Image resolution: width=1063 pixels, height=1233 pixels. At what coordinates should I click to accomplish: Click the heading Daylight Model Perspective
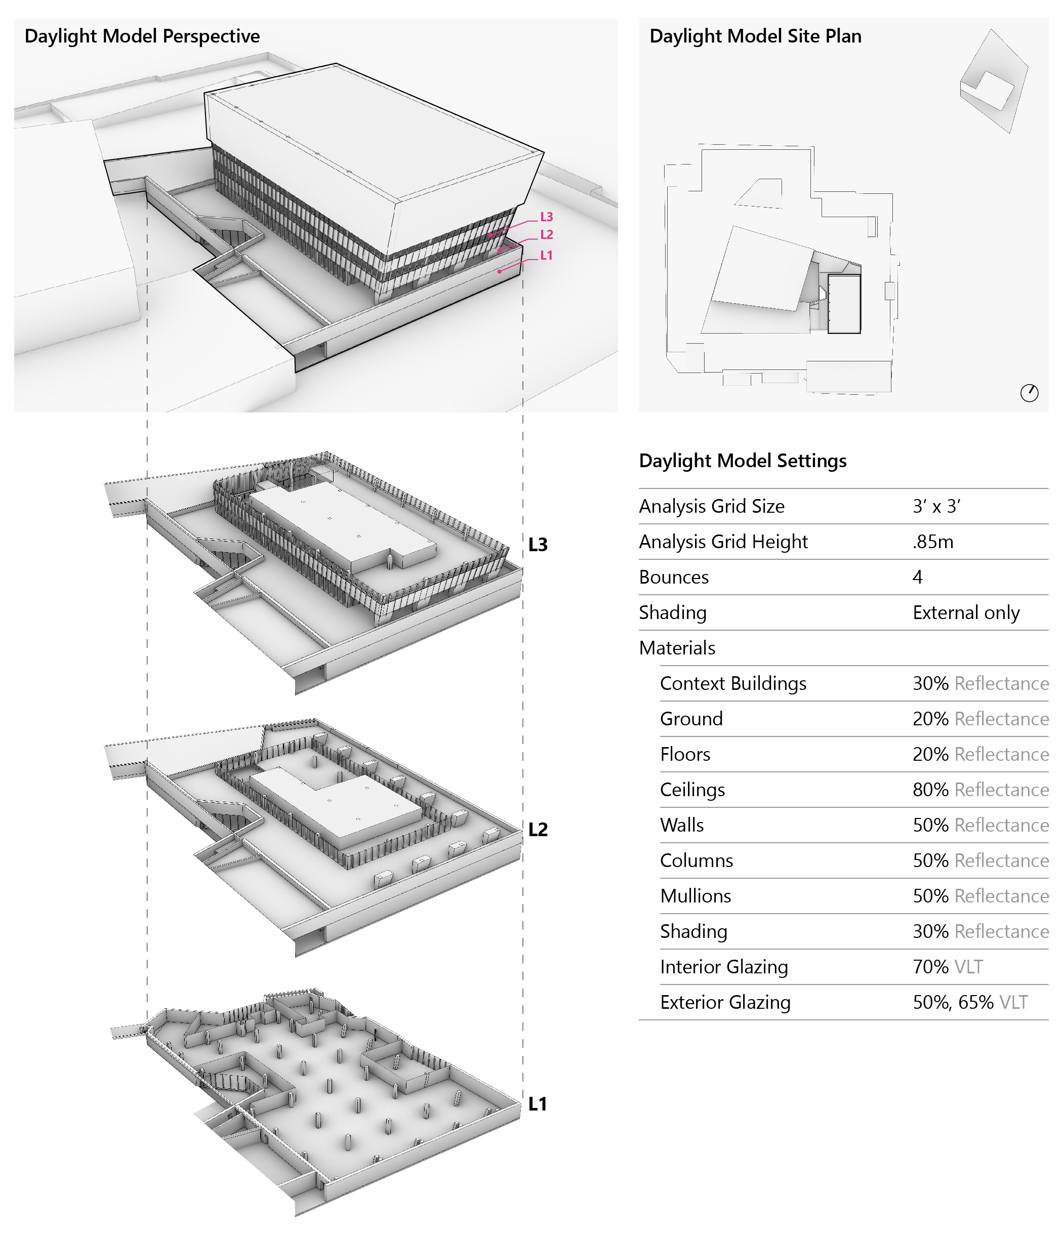142,36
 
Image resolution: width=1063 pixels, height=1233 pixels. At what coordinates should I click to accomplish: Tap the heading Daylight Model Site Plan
755,36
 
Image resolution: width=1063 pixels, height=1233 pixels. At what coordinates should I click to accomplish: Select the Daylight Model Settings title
742,461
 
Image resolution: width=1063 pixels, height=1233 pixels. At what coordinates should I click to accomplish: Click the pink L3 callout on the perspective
546,217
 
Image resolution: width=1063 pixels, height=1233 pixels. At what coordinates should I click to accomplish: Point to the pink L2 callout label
546,235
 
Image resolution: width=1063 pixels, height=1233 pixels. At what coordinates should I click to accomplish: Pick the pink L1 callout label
546,255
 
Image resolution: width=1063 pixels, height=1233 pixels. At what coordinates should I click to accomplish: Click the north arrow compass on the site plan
1029,393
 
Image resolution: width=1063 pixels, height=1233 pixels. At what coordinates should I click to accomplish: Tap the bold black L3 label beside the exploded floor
538,545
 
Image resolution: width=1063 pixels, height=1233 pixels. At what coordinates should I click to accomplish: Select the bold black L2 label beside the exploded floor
538,830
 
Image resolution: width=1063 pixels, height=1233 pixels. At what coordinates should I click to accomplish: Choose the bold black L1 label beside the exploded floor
538,1104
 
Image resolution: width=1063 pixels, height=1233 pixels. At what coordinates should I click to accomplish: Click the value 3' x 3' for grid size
936,506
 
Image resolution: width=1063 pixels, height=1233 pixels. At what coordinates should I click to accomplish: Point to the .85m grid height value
932,542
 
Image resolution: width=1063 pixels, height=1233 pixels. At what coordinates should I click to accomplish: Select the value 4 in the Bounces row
917,577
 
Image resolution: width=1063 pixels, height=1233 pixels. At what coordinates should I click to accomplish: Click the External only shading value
965,613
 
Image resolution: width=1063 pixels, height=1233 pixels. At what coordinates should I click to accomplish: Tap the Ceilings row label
692,790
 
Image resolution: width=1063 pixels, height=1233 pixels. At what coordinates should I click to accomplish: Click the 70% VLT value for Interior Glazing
947,967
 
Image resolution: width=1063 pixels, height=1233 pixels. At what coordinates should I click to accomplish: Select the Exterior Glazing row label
725,1002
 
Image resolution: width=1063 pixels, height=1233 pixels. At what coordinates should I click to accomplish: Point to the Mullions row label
695,896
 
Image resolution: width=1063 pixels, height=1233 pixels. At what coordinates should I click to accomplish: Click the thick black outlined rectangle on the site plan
844,304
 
